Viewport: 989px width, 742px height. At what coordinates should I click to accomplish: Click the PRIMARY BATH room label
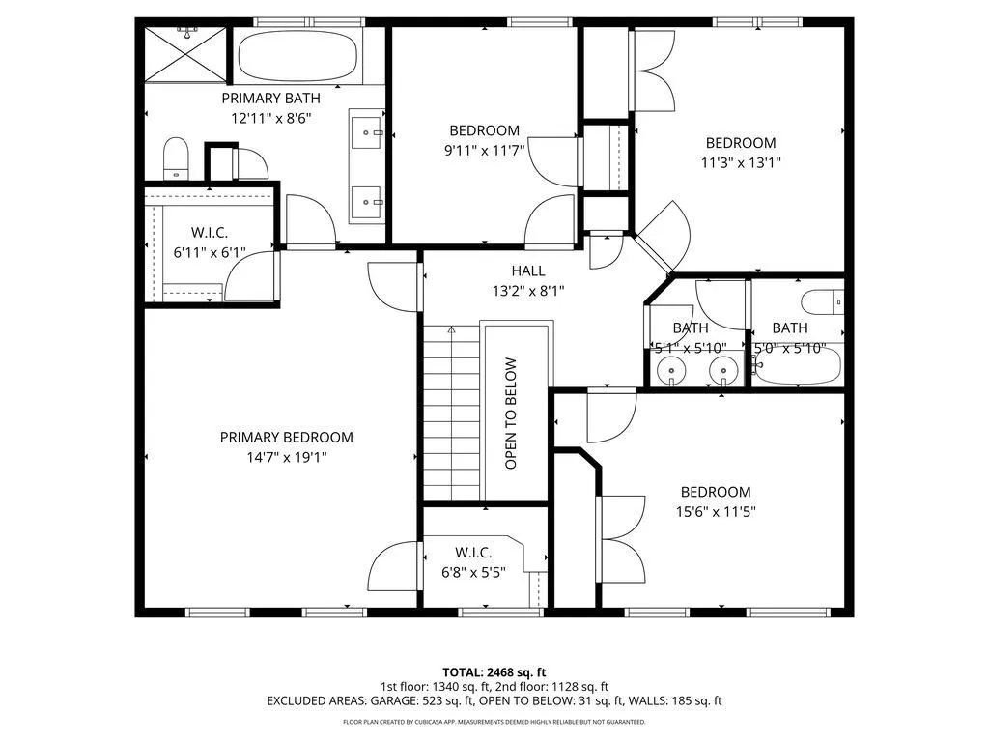click(x=270, y=99)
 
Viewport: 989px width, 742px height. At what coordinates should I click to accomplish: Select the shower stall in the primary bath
click(x=185, y=54)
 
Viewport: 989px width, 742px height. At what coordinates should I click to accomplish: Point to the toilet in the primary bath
click(x=176, y=158)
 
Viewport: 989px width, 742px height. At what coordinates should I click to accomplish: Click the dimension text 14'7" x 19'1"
click(x=286, y=457)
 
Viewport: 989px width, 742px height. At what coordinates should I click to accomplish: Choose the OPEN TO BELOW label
click(x=511, y=414)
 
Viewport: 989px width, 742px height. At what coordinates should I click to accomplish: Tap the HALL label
click(x=528, y=271)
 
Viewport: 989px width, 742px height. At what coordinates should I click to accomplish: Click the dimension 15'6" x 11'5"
click(x=716, y=512)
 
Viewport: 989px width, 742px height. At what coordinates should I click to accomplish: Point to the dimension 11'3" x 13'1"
click(x=741, y=162)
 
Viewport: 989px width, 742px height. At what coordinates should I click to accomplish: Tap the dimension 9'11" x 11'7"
click(x=485, y=150)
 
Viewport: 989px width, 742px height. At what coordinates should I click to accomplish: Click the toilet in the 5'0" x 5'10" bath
click(x=823, y=301)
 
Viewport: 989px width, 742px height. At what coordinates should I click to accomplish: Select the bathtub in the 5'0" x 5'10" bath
click(x=797, y=366)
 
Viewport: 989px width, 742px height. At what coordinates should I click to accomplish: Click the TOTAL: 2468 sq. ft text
click(x=494, y=672)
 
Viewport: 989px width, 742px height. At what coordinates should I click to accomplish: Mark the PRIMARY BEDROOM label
click(x=286, y=438)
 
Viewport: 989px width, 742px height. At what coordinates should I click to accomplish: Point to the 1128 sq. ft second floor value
click(x=580, y=687)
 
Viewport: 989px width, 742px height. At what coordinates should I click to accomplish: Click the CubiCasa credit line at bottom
click(x=494, y=722)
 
